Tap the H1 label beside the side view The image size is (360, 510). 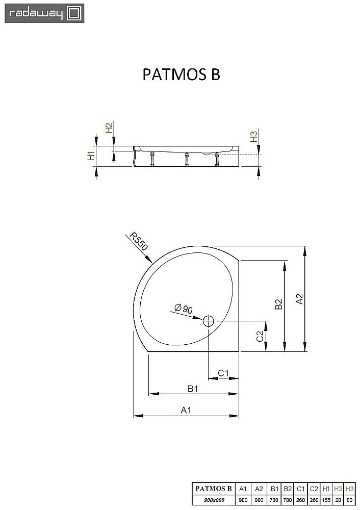[x=90, y=156]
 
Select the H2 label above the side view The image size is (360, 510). [x=108, y=129]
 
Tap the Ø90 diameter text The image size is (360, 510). [x=183, y=308]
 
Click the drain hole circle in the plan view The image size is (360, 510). [x=209, y=321]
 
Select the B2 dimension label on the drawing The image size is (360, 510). [x=278, y=304]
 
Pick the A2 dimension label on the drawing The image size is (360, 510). [x=300, y=298]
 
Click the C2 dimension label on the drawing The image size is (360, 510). [x=260, y=336]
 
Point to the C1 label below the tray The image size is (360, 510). [x=223, y=373]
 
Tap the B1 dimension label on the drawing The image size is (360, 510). [x=192, y=389]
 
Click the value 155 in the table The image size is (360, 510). [x=326, y=500]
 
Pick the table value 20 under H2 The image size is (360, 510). [x=338, y=500]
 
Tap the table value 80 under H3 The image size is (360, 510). [x=349, y=500]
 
